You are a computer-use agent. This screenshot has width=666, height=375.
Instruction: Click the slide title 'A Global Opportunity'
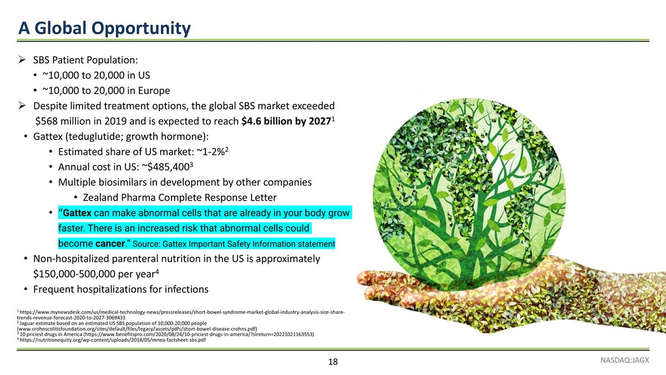click(104, 28)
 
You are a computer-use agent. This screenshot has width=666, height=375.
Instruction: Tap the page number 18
click(333, 362)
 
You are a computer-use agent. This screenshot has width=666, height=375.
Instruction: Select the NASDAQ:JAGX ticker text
click(625, 359)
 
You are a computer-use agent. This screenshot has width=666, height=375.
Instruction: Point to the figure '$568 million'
click(62, 122)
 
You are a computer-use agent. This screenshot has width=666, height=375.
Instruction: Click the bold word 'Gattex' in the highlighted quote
click(77, 213)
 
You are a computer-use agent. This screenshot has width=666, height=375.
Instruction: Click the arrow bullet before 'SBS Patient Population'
click(22, 60)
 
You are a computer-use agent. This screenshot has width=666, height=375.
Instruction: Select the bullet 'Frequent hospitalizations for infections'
click(120, 289)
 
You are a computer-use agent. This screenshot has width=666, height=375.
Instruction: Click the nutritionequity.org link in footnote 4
click(114, 340)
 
